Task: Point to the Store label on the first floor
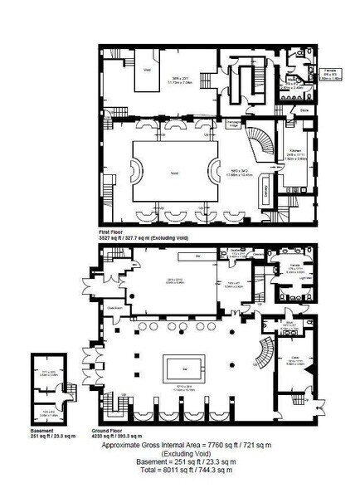pos(304,109)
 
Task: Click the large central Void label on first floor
pos(174,173)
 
